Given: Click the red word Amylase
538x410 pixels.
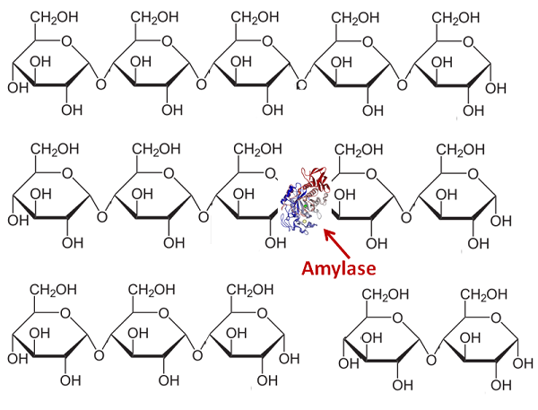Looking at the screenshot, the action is pos(339,268).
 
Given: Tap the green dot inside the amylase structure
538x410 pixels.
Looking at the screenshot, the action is pos(306,206).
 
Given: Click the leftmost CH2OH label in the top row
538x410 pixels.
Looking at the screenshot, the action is pos(55,18).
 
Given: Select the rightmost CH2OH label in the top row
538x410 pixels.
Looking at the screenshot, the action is pos(456,18).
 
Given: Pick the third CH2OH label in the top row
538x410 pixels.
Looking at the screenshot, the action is pos(255,18).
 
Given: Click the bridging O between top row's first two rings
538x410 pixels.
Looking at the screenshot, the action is pos(100,83).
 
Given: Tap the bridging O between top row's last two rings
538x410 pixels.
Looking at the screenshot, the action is pos(402,84).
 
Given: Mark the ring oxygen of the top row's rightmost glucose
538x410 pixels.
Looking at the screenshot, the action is pos(468,42).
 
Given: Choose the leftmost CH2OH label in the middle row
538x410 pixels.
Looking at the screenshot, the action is pos(55,150).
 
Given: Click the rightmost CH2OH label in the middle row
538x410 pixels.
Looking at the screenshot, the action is pos(461,151).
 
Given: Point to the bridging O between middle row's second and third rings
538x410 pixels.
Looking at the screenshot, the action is pos(204,217).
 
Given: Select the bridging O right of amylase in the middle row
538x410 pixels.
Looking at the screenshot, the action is pos(406,218).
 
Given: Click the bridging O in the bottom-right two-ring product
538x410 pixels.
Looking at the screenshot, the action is pos(431,360).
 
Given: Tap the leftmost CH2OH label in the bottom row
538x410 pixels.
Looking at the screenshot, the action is pos(53,290).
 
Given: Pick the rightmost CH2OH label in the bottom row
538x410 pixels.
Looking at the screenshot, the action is pos(484,294).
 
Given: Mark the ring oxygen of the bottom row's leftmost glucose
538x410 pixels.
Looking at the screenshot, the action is pos(65,313).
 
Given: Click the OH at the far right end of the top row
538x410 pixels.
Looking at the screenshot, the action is pos(496,89).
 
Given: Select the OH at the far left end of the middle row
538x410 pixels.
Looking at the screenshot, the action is pos(18,221).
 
